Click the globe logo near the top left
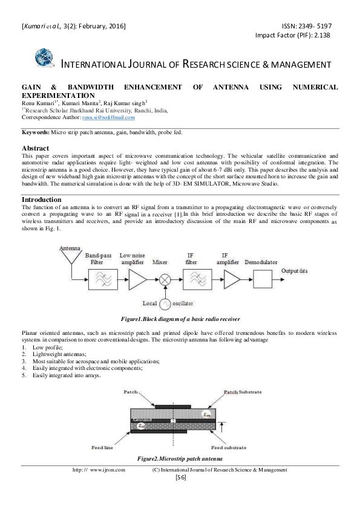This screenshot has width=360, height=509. click(44, 57)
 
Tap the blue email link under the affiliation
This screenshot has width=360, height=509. click(108, 118)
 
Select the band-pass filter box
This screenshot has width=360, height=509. click(103, 279)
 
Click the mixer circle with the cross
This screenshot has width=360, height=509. click(165, 280)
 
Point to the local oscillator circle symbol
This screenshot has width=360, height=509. click(165, 304)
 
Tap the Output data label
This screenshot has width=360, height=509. click(295, 271)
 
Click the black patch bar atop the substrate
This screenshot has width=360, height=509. click(173, 406)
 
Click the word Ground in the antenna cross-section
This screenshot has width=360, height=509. click(143, 420)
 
